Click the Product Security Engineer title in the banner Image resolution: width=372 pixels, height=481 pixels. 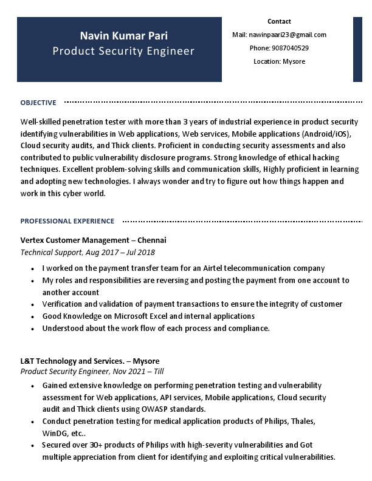[x=123, y=51]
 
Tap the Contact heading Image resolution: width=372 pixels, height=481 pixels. [x=279, y=21]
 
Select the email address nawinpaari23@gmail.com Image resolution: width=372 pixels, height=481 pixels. [x=288, y=35]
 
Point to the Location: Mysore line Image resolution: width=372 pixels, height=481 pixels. [x=279, y=61]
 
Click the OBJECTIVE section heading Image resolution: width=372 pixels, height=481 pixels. [x=38, y=103]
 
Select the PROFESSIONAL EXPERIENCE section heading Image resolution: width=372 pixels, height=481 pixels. [x=67, y=221]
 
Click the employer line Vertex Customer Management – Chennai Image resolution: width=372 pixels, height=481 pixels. [x=93, y=240]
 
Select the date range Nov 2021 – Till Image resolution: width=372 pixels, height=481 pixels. [x=138, y=372]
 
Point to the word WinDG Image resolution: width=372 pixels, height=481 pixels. [x=55, y=433]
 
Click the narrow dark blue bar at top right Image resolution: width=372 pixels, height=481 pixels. [x=357, y=49]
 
